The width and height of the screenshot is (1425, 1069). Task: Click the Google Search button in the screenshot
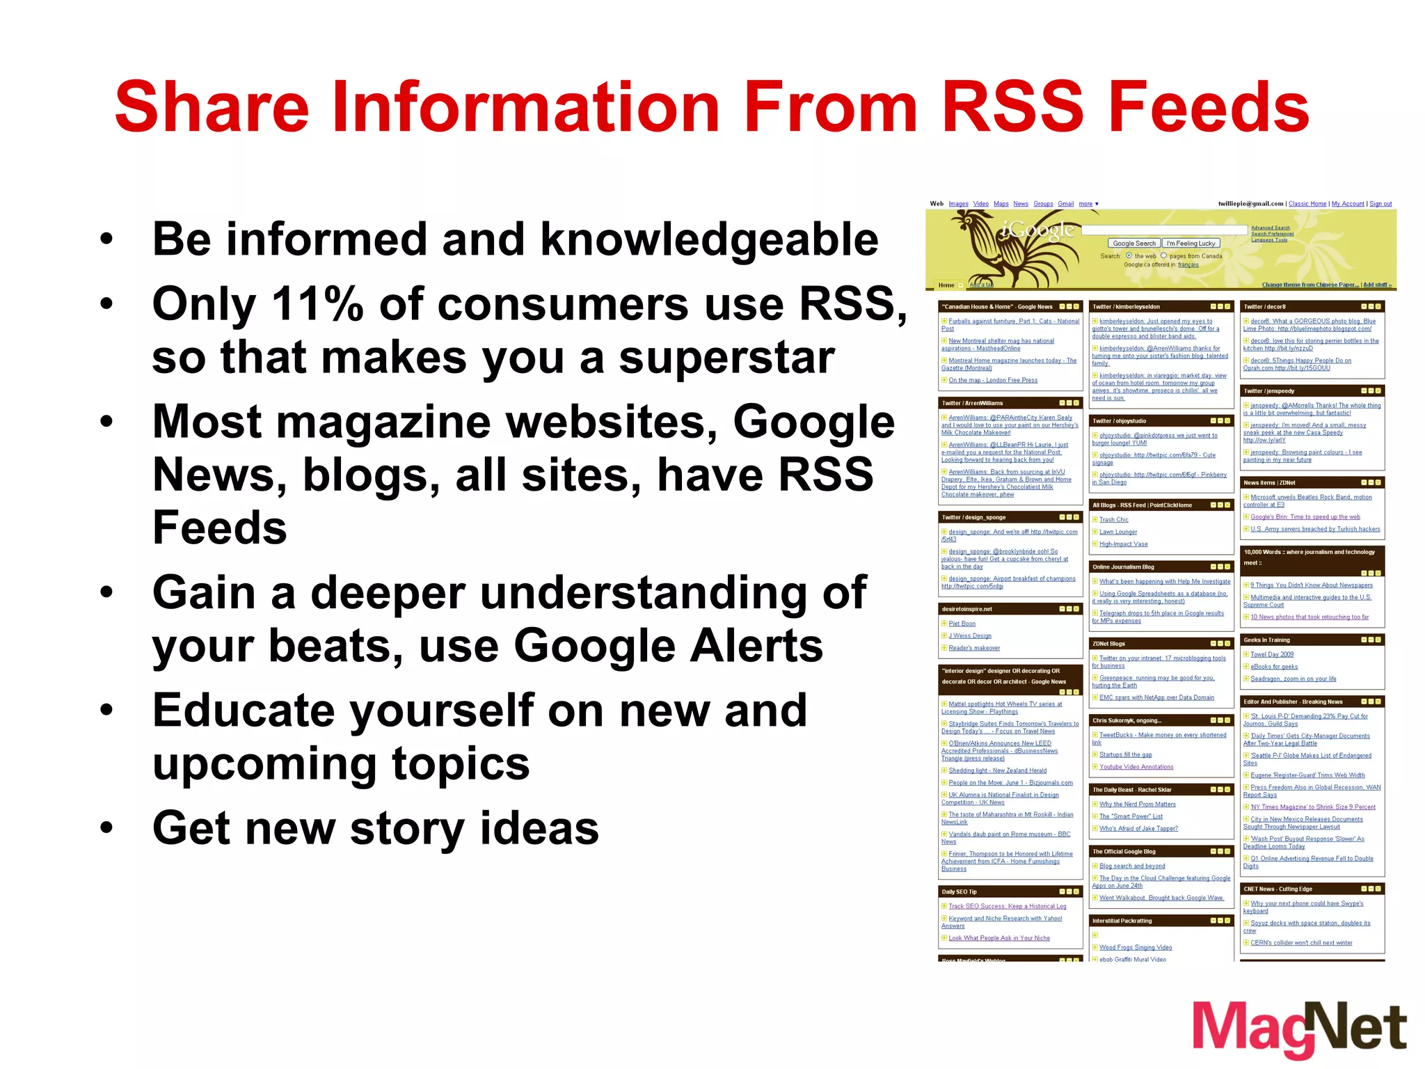(1133, 244)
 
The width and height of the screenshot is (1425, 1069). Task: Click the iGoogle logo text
(1038, 231)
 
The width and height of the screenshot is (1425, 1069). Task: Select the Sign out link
(1380, 204)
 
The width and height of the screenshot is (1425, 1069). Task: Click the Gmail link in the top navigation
(1065, 204)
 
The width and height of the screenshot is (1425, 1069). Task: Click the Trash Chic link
(1113, 520)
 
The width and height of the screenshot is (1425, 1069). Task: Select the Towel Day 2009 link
(1272, 654)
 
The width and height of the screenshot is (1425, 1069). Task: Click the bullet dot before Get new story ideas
(106, 828)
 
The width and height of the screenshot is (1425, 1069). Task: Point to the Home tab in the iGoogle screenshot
(946, 285)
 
